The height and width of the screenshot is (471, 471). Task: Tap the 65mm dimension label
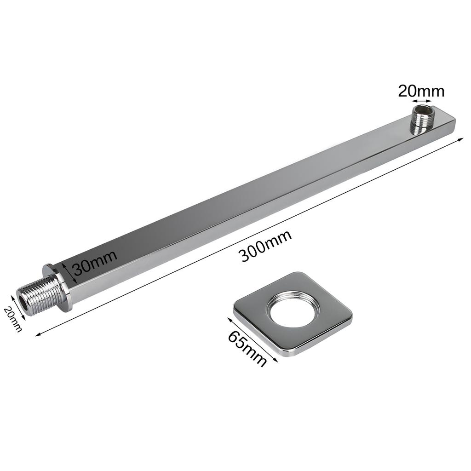tap(247, 349)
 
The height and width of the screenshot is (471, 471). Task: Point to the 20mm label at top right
tap(421, 92)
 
